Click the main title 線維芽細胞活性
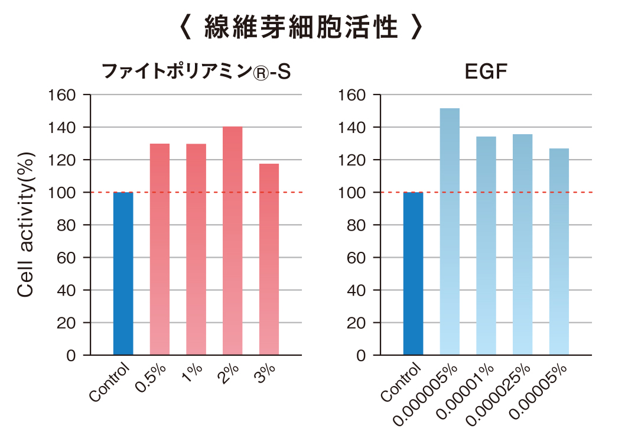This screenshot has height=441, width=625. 301,28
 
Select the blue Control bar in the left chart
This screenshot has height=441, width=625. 123,273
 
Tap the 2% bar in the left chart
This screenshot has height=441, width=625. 232,241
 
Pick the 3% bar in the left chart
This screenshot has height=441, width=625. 269,259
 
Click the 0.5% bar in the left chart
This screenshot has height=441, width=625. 159,249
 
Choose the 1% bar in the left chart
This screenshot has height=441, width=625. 196,249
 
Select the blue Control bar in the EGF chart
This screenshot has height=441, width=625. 414,273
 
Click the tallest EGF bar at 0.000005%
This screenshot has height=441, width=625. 450,231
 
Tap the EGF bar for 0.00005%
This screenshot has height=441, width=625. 559,251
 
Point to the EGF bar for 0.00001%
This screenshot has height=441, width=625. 486,245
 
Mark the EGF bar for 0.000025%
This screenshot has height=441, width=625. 523,244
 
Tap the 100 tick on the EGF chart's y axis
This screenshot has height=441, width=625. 353,192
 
